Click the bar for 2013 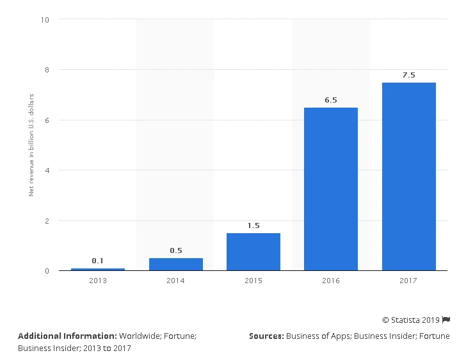pyautogui.click(x=98, y=269)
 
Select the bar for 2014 pyautogui.click(x=176, y=264)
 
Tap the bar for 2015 pyautogui.click(x=253, y=251)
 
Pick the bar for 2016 pyautogui.click(x=331, y=189)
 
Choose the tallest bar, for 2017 pyautogui.click(x=408, y=176)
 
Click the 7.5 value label pyautogui.click(x=408, y=75)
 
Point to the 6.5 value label pyautogui.click(x=331, y=100)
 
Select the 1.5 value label pyautogui.click(x=253, y=225)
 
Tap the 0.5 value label pyautogui.click(x=176, y=250)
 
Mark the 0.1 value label pyautogui.click(x=98, y=261)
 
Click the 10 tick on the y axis pyautogui.click(x=45, y=19)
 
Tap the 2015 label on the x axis pyautogui.click(x=253, y=281)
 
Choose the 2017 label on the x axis pyautogui.click(x=408, y=281)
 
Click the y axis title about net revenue pyautogui.click(x=31, y=145)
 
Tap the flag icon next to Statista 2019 pyautogui.click(x=446, y=319)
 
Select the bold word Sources pyautogui.click(x=266, y=336)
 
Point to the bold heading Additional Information pyautogui.click(x=67, y=336)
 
